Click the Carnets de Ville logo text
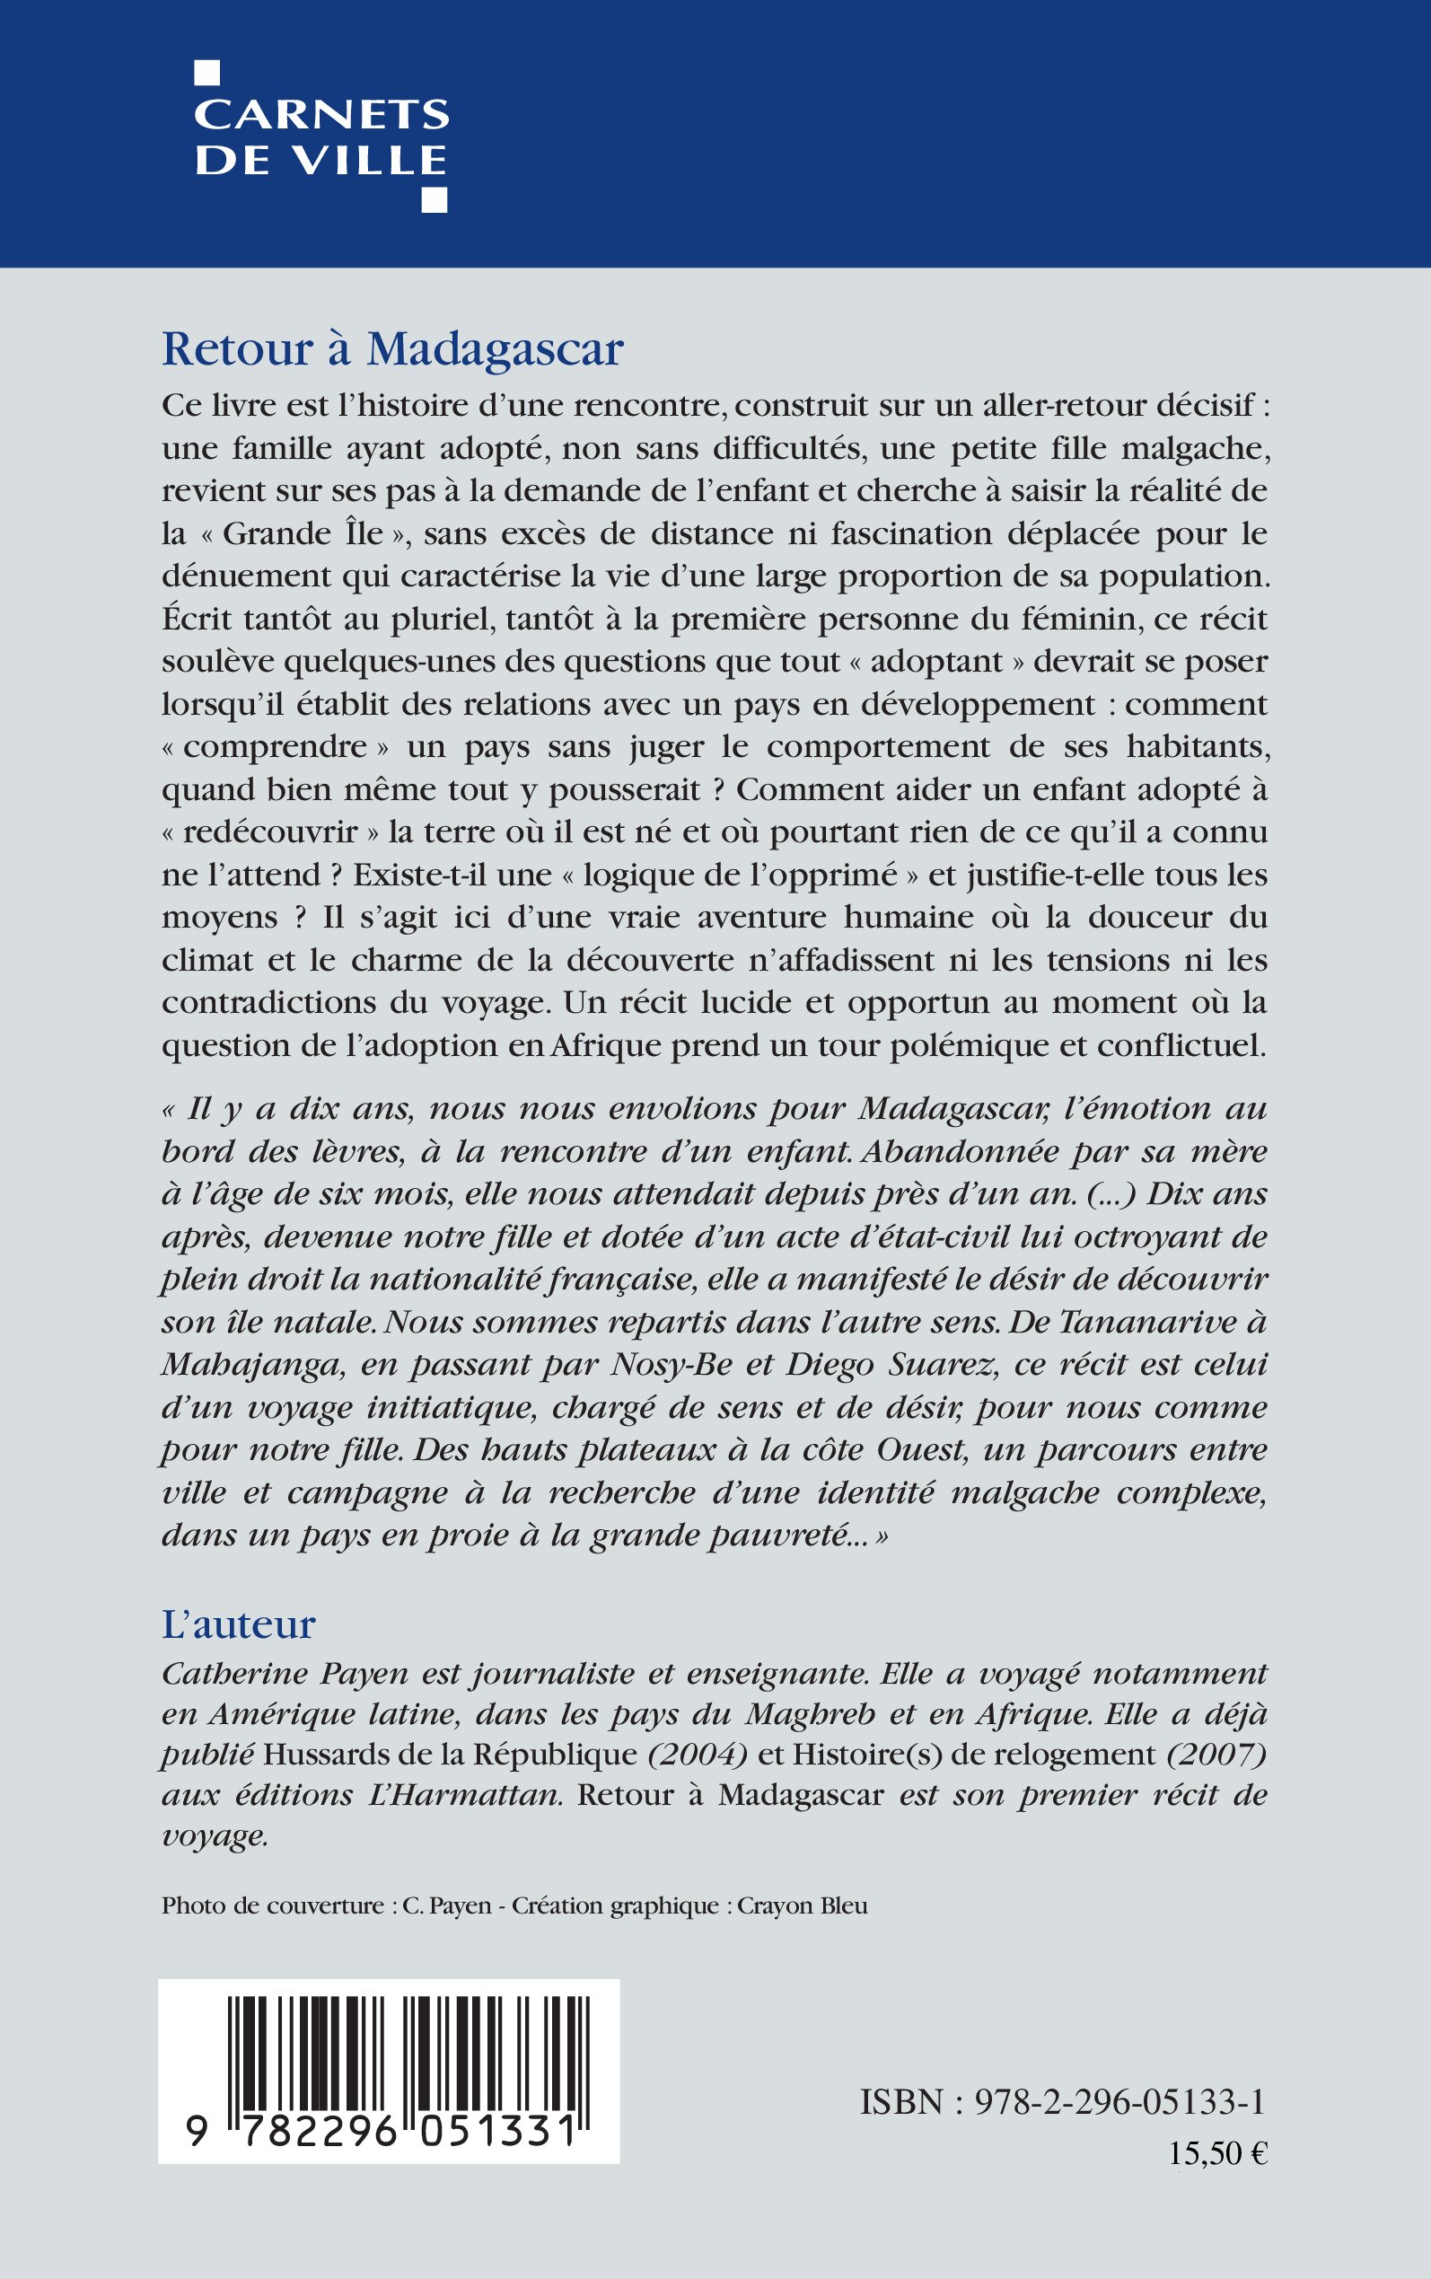pos(321,136)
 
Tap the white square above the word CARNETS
pos(206,73)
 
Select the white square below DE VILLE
pos(435,199)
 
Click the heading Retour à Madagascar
pos(393,348)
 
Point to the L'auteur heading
pos(239,1624)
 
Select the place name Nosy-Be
pos(679,1364)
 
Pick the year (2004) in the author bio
pos(698,1754)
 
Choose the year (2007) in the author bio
pos(1216,1754)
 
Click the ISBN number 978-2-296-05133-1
pos(1119,2102)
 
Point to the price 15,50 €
pos(1217,2153)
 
